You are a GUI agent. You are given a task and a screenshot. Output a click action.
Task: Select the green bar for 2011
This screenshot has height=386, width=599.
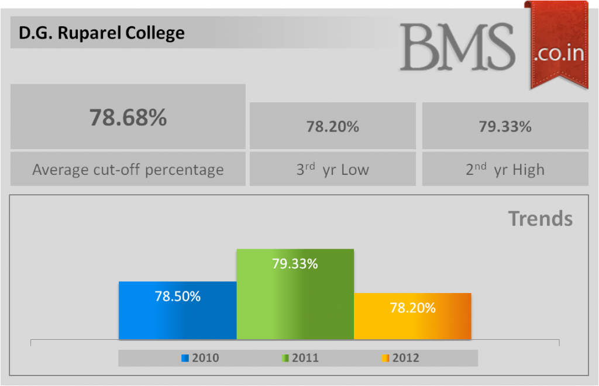[x=295, y=304]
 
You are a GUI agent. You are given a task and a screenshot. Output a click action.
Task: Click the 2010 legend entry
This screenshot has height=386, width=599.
[x=201, y=358]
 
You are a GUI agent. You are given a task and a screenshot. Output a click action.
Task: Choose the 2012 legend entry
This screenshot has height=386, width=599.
[x=401, y=358]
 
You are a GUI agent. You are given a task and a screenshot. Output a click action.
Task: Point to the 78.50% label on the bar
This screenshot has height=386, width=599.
[x=177, y=297]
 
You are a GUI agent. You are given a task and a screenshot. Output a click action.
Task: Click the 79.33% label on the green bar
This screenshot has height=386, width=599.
[x=295, y=264]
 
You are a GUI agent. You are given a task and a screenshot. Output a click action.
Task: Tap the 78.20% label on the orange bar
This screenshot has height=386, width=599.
[x=412, y=308]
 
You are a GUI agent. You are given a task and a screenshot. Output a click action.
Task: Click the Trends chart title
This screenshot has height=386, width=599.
[x=540, y=219]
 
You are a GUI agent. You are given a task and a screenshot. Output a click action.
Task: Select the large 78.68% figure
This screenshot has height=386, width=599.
[x=128, y=117]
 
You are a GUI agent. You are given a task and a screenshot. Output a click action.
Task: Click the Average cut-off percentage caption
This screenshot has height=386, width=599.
[x=128, y=170]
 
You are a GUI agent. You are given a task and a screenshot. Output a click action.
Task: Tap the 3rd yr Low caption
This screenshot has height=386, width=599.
[x=332, y=170]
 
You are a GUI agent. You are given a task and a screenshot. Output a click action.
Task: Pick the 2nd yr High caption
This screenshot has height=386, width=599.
[x=505, y=170]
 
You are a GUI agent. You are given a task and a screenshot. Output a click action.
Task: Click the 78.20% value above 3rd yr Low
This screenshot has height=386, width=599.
[x=332, y=126]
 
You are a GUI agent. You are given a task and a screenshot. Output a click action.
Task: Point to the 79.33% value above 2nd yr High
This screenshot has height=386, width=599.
[x=505, y=126]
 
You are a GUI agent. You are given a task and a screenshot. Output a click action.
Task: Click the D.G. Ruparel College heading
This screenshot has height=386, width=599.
[x=101, y=33]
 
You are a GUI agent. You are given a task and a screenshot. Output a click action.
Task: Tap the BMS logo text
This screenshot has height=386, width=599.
[x=457, y=47]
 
